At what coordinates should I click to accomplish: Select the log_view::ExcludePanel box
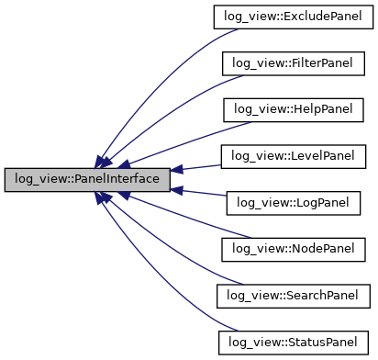pyautogui.click(x=292, y=17)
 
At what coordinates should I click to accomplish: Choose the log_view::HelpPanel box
pyautogui.click(x=292, y=109)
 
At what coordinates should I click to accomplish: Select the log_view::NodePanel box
pyautogui.click(x=292, y=249)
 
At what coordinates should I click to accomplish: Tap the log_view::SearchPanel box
pyautogui.click(x=292, y=295)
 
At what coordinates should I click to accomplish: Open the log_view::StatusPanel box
pyautogui.click(x=292, y=342)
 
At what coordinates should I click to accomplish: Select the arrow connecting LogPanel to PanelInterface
pyautogui.click(x=197, y=191)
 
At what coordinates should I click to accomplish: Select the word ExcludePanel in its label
pyautogui.click(x=315, y=17)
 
